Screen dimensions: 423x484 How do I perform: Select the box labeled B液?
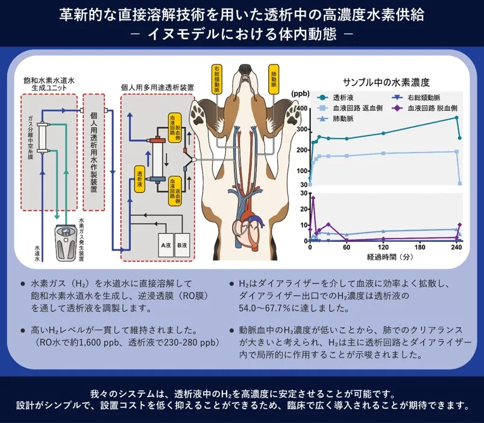[x=182, y=245]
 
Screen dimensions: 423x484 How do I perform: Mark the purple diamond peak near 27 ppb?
[x=313, y=198]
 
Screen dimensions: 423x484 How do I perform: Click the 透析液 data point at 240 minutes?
[x=456, y=117]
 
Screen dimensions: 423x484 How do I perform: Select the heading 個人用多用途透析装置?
[x=158, y=88]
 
